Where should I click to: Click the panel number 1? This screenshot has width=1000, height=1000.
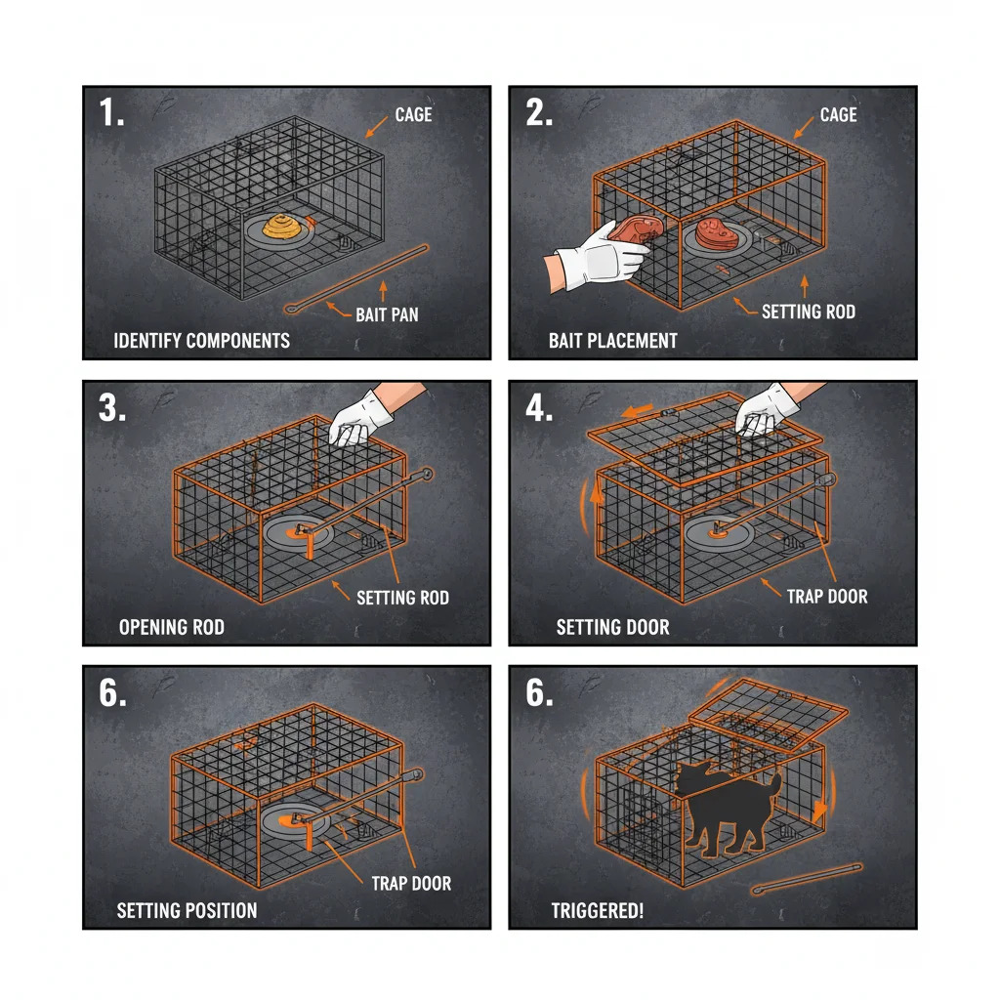110,113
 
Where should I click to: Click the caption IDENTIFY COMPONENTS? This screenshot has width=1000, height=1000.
202,341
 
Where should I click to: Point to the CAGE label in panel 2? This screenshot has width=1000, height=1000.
838,115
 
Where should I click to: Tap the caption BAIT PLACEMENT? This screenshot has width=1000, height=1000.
612,341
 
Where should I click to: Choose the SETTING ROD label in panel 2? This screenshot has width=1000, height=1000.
809,312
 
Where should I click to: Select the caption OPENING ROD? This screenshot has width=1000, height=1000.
171,627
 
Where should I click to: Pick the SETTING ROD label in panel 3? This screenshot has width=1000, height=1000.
402,597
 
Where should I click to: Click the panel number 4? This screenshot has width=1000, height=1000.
538,407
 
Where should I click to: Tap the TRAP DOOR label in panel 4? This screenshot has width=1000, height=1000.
826,596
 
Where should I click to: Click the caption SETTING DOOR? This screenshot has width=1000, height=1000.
612,627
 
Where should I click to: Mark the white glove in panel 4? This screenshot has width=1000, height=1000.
768,407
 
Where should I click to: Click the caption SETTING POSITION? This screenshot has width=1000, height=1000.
187,911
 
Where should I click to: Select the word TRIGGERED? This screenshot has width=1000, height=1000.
597,911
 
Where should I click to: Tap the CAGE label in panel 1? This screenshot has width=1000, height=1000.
413,115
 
